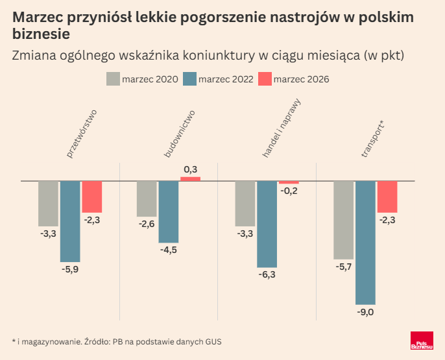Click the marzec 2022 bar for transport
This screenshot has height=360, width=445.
tap(365, 243)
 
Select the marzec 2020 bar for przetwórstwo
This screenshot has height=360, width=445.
tap(48, 203)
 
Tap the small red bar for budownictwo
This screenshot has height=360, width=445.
tap(190, 178)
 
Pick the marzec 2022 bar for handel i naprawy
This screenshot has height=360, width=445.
tap(267, 224)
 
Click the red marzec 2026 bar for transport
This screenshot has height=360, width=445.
tap(387, 197)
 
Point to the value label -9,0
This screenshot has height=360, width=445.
tap(365, 313)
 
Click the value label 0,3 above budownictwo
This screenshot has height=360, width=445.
tap(191, 169)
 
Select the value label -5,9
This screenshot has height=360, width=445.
tap(70, 269)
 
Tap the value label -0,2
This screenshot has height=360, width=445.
tap(289, 191)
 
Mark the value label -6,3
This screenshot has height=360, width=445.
tap(267, 275)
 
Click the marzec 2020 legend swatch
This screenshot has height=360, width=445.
tap(113, 79)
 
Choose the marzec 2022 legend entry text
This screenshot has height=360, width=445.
tap(226, 79)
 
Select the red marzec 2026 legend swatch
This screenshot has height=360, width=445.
tap(265, 79)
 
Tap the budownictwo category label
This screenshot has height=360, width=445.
tap(180, 134)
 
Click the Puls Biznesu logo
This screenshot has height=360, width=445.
tap(422, 342)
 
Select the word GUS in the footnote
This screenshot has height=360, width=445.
tap(222, 341)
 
